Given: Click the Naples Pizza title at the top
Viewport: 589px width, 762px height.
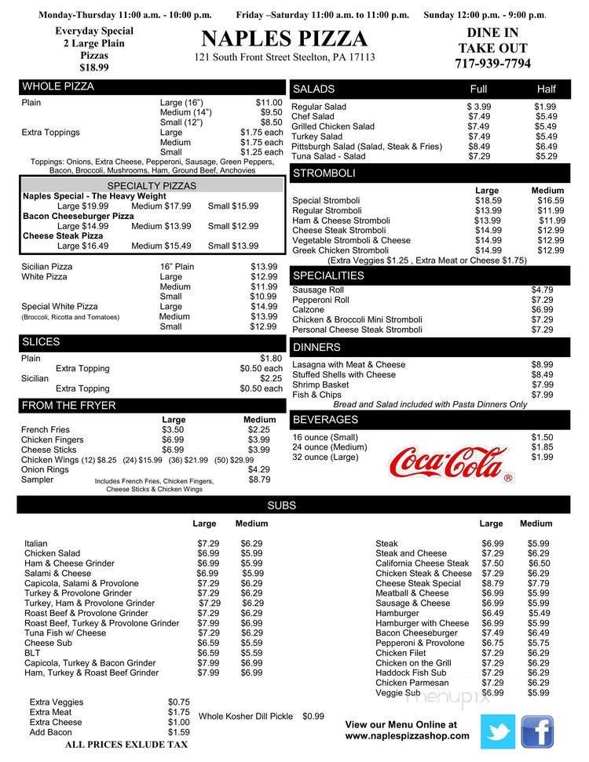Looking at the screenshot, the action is point(284,39).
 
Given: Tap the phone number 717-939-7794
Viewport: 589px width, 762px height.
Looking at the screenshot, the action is point(492,64).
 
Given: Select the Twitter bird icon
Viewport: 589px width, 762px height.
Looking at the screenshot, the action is point(498,731).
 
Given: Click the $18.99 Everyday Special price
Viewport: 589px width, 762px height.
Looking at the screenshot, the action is point(93,68).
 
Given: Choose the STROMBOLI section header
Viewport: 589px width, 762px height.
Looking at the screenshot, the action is point(322,173).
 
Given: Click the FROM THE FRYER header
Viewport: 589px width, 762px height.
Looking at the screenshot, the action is point(69,406).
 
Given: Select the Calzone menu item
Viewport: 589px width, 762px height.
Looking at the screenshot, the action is point(307,310).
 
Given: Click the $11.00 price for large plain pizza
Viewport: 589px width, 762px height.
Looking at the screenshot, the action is point(269,103).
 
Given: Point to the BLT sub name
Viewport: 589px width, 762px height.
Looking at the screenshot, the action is point(33,652).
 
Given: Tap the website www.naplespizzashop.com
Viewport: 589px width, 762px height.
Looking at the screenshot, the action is point(407,736).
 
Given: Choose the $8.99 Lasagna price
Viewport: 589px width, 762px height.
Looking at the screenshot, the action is point(542,365).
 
